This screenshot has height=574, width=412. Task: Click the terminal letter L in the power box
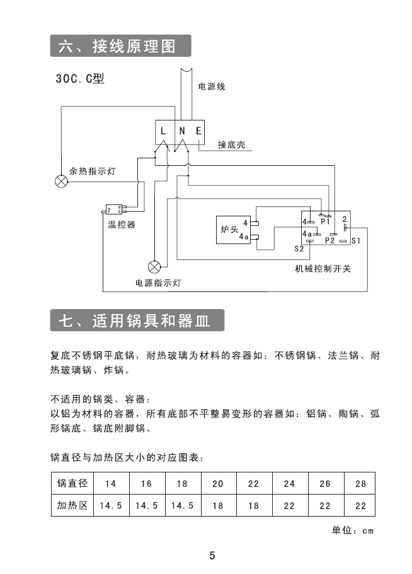coord(164,131)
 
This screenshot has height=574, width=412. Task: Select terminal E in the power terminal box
coord(198,131)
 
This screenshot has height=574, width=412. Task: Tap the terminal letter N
coord(181,131)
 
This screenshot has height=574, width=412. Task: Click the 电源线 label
coord(212,86)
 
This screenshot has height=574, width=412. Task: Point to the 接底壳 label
coord(231,145)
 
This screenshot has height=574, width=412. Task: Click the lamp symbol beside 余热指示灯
coord(61,182)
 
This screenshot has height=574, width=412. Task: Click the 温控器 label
coord(122,225)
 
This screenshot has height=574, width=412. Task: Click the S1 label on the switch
coord(356,241)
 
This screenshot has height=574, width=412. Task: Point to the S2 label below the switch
coord(299,249)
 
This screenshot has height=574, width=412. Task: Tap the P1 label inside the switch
coord(326,222)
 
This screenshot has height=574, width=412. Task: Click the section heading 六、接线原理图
coord(120,47)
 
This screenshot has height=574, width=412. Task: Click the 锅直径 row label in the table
coord(72,484)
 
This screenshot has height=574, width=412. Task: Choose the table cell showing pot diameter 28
coord(360,484)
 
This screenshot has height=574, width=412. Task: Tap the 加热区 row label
coord(72,505)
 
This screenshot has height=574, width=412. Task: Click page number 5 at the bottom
coord(212,556)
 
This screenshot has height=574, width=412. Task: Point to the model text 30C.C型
coord(79,80)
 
